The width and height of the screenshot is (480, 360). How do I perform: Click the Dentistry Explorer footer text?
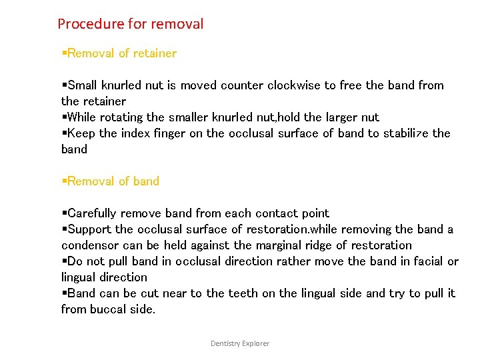pyautogui.click(x=240, y=343)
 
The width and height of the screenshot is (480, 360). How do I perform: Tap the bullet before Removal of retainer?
pyautogui.click(x=64, y=53)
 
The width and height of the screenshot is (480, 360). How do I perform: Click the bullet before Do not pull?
pyautogui.click(x=64, y=261)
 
